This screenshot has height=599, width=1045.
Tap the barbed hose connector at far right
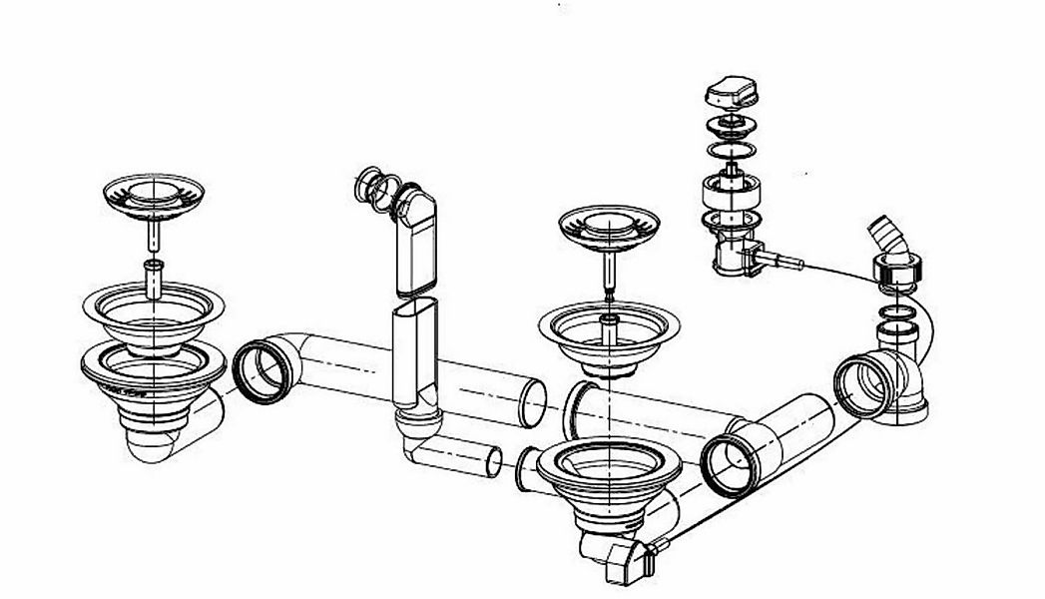click(x=889, y=236)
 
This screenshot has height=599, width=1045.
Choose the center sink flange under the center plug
click(x=609, y=333)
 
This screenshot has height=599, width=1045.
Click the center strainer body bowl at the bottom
click(x=608, y=489)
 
